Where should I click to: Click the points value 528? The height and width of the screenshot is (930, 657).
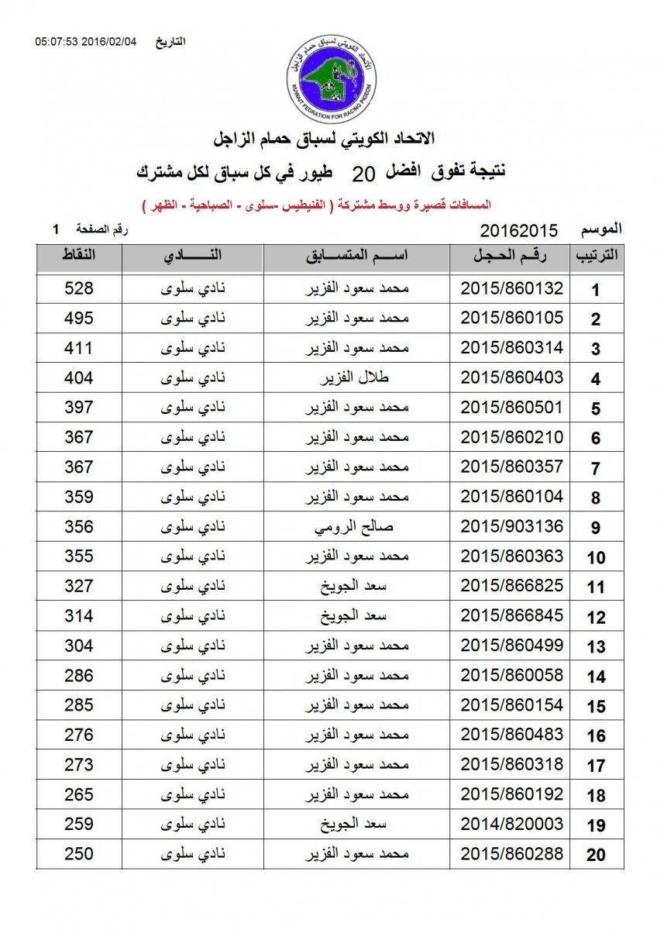pyautogui.click(x=78, y=289)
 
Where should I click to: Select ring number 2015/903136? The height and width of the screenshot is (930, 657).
pyautogui.click(x=511, y=527)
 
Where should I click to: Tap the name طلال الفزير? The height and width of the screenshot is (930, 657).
pyautogui.click(x=356, y=378)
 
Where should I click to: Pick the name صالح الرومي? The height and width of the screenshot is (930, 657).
pyautogui.click(x=356, y=527)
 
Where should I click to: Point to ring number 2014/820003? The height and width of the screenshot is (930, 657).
pyautogui.click(x=511, y=825)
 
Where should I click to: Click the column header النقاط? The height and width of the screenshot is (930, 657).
pyautogui.click(x=78, y=257)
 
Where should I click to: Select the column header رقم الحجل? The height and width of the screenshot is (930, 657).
pyautogui.click(x=511, y=257)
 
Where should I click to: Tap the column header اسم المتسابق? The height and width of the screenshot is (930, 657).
pyautogui.click(x=356, y=257)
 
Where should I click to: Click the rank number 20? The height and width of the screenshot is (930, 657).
pyautogui.click(x=595, y=856)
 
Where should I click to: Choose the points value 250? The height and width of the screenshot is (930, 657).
pyautogui.click(x=78, y=854)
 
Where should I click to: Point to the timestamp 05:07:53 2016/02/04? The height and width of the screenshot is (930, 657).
pyautogui.click(x=85, y=41)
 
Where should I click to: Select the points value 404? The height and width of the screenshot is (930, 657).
pyautogui.click(x=78, y=378)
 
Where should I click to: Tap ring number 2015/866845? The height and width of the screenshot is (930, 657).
pyautogui.click(x=511, y=616)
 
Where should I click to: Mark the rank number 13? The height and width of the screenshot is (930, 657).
pyautogui.click(x=595, y=647)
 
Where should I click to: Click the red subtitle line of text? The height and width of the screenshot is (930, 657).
pyautogui.click(x=318, y=205)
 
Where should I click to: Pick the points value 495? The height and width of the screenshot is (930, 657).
pyautogui.click(x=78, y=319)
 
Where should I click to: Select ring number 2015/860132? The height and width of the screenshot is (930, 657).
pyautogui.click(x=511, y=289)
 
